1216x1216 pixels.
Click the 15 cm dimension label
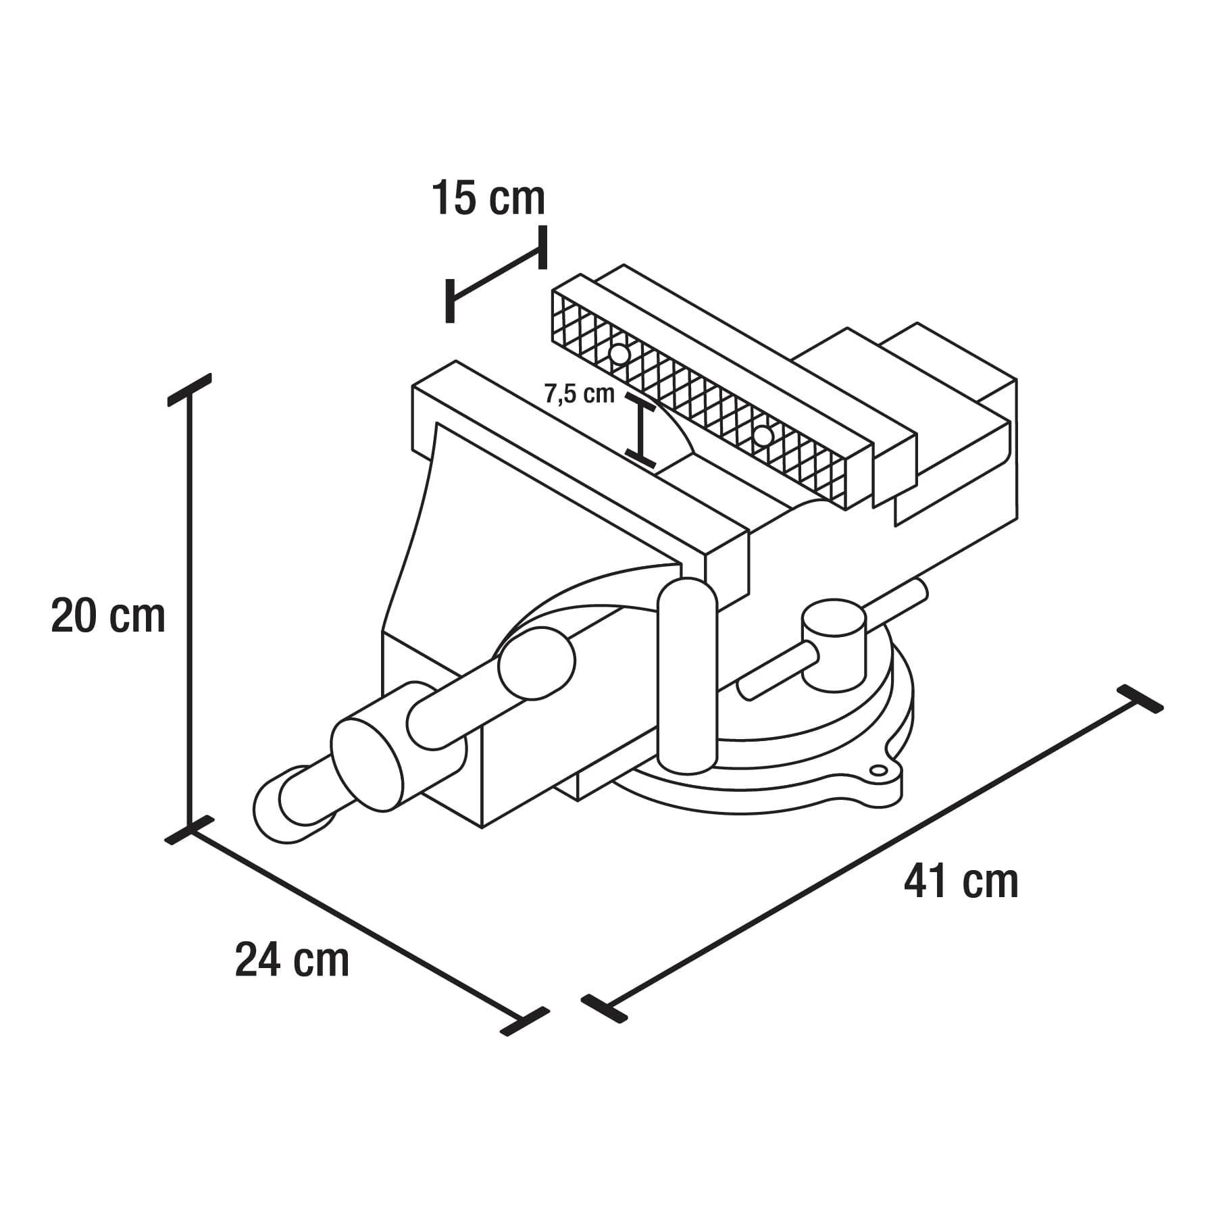coord(488,199)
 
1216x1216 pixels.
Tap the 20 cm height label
coord(108,615)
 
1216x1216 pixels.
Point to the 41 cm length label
coord(961,881)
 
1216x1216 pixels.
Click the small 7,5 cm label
coord(580,394)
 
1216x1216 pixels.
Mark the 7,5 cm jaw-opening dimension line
coord(641,430)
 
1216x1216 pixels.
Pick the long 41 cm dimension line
coord(871,854)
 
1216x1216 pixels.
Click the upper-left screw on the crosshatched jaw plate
coord(619,354)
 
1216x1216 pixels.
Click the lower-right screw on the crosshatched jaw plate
coord(763,436)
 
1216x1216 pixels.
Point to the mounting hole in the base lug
coord(878,770)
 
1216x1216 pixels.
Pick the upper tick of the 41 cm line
coord(1140,699)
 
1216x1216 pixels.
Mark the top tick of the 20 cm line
coord(190,390)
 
